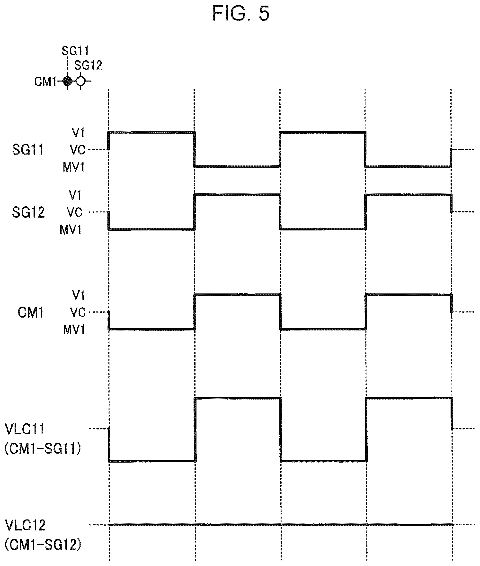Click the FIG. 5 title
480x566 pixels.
tap(240, 13)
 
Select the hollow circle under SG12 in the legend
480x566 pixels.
tap(80, 81)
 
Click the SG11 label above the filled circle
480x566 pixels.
tap(75, 51)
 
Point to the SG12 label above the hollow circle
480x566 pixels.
tap(88, 65)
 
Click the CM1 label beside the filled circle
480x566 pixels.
tap(45, 82)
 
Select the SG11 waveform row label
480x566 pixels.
tap(28, 150)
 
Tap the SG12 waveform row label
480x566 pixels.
tap(28, 212)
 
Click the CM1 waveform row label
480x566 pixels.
tap(31, 312)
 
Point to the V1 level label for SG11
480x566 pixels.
tap(79, 133)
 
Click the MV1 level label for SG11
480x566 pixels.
tap(74, 167)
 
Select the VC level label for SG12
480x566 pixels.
tap(75, 212)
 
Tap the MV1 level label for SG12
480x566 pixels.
tap(71, 230)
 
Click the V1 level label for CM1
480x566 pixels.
tap(79, 295)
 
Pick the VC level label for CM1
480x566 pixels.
tap(78, 312)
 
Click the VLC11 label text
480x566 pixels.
tap(25, 429)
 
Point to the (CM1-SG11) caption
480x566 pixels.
tap(43, 448)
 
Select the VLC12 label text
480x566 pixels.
tap(25, 525)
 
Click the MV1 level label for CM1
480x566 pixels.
tap(74, 330)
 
